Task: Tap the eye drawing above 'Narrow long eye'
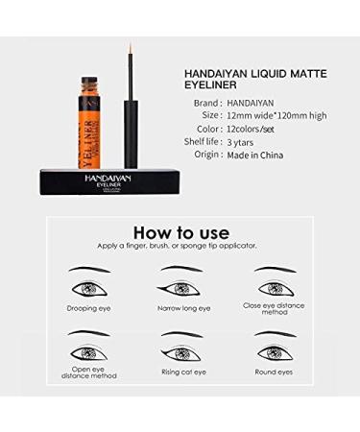[182, 286]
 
